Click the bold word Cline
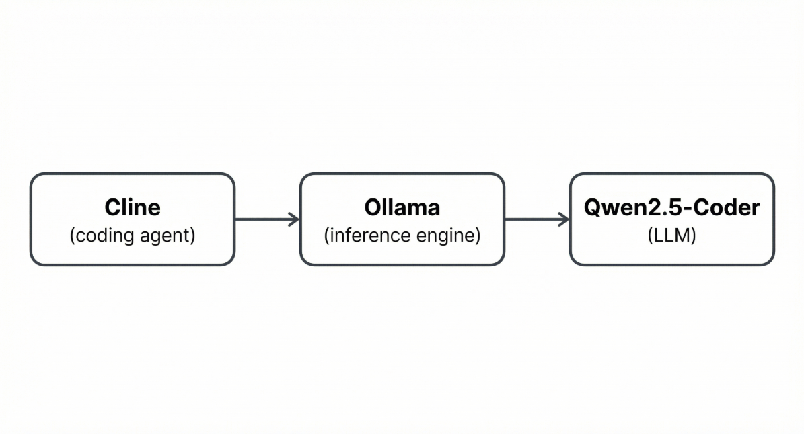click(x=133, y=207)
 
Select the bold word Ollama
click(x=402, y=207)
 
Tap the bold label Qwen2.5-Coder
click(x=671, y=207)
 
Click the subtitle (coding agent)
click(x=133, y=236)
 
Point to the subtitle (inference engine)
click(x=402, y=236)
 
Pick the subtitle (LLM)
click(x=671, y=236)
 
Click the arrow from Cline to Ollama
click(x=266, y=219)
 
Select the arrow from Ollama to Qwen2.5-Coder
click(x=536, y=219)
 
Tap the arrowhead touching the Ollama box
click(x=294, y=219)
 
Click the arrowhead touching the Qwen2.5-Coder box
click(x=564, y=219)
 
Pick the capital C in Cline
click(x=112, y=207)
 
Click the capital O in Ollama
click(x=372, y=207)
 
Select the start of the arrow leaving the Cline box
click(x=238, y=219)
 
